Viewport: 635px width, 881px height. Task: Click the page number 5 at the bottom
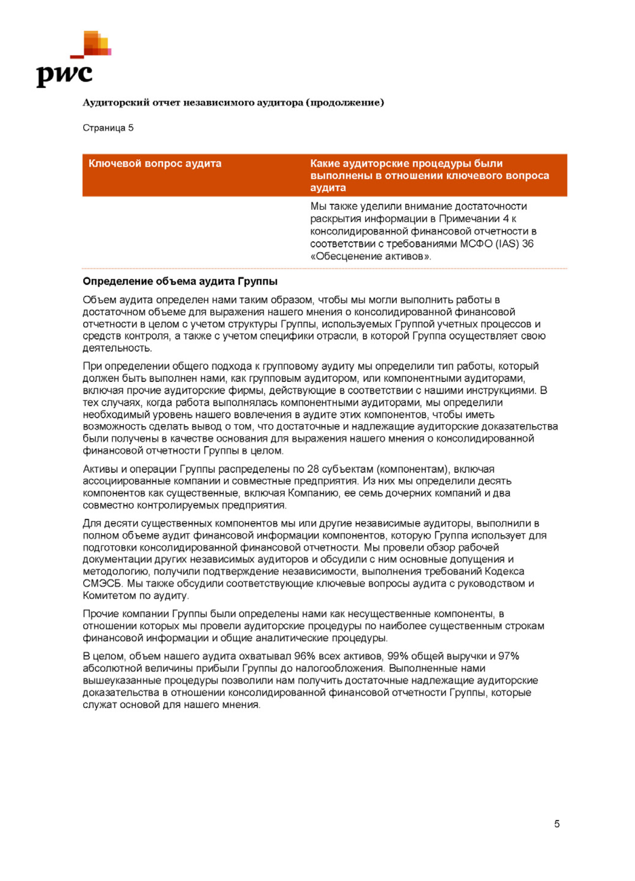pyautogui.click(x=557, y=823)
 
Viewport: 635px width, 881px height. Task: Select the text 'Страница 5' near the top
pyautogui.click(x=108, y=128)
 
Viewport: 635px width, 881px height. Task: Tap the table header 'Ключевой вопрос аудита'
pyautogui.click(x=155, y=164)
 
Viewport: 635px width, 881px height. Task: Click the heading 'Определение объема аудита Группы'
pyautogui.click(x=180, y=281)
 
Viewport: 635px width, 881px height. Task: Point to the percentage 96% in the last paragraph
pyautogui.click(x=305, y=656)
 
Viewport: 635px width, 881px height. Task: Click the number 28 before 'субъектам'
pyautogui.click(x=313, y=469)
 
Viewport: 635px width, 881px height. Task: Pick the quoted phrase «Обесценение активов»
pyautogui.click(x=371, y=256)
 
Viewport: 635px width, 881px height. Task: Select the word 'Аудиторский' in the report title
pyautogui.click(x=116, y=103)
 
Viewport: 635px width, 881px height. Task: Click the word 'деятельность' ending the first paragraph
pyautogui.click(x=117, y=348)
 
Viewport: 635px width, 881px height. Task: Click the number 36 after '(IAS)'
pyautogui.click(x=527, y=244)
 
